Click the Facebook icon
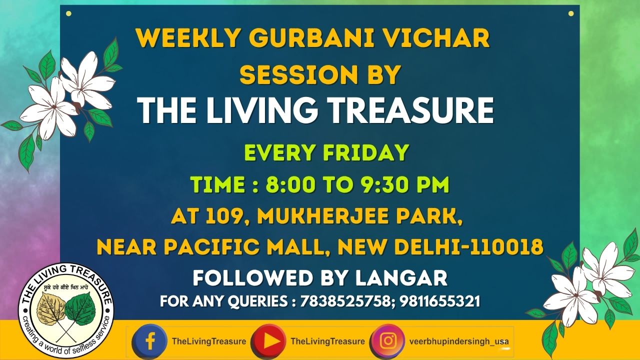coord(149,341)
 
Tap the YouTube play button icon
coord(269,341)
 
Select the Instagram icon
coord(388,341)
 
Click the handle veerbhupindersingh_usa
coord(459,341)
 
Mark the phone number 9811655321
coord(439,301)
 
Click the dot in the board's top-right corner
coord(571,13)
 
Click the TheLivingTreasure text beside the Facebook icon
coord(209,341)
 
